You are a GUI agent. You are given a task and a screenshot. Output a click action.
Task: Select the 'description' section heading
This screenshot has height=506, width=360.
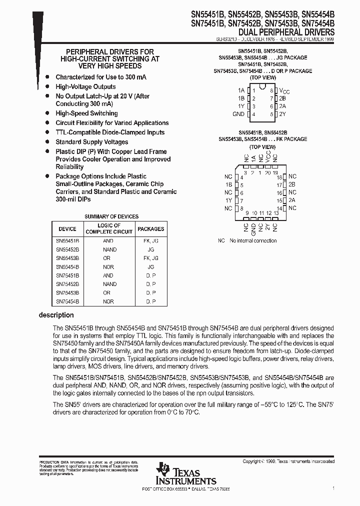point(56,315)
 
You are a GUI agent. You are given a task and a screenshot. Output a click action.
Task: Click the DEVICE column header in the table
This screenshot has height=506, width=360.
point(67,229)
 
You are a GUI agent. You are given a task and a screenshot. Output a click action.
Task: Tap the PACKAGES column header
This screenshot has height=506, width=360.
point(150,229)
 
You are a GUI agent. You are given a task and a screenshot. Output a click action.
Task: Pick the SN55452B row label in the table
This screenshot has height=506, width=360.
point(67,249)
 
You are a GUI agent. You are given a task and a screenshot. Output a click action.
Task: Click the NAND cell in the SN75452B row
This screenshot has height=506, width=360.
point(109,284)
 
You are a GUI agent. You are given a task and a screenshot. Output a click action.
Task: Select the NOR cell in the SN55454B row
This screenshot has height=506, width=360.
point(108,267)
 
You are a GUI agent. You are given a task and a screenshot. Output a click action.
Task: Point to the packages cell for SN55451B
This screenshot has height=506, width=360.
point(150,241)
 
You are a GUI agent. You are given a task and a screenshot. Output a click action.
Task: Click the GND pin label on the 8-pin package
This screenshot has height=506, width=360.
point(238,114)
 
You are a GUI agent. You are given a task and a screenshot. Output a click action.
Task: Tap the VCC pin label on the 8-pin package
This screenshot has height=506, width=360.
point(283,90)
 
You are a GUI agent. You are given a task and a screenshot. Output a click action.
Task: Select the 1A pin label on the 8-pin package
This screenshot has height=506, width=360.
point(241,90)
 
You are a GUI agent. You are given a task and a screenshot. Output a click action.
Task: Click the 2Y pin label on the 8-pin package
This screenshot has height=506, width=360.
point(282,114)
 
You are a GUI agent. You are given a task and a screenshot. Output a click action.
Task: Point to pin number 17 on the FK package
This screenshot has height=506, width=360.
point(279,184)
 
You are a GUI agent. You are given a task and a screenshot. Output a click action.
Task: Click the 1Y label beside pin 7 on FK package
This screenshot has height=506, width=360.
point(228,200)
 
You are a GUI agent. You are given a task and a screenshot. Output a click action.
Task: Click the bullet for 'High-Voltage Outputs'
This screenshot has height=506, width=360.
point(47,87)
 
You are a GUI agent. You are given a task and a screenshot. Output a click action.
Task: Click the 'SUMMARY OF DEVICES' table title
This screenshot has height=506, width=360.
point(111,216)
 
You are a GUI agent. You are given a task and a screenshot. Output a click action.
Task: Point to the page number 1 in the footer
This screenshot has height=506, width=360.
point(333,487)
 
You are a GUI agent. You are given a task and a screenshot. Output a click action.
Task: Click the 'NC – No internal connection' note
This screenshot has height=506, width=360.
point(247,240)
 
